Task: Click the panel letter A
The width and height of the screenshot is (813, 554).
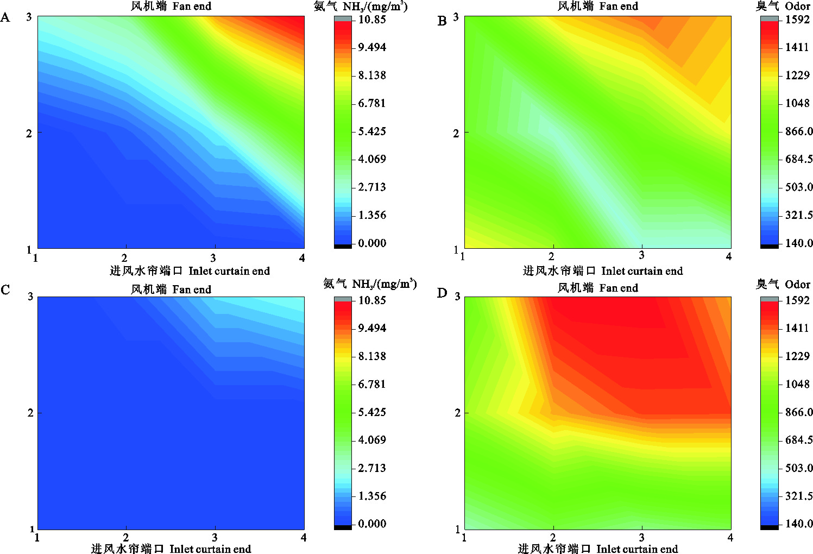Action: tap(5, 17)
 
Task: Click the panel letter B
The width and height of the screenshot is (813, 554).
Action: tap(442, 21)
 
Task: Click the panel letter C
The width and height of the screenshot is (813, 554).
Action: tap(5, 289)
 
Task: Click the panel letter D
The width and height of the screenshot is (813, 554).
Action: tap(442, 293)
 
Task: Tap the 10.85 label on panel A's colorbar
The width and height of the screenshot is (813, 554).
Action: tap(372, 20)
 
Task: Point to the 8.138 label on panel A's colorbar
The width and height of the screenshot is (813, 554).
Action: tap(372, 75)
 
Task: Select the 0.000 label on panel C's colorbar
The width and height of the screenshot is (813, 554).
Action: tap(372, 524)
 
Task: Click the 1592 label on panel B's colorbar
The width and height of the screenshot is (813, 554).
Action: tap(797, 20)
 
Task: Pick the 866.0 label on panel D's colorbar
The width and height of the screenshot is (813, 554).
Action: tap(799, 412)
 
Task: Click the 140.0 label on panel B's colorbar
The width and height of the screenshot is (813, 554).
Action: tap(799, 243)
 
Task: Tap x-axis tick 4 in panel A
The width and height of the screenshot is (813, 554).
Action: tap(302, 258)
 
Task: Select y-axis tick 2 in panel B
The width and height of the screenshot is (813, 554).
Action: tap(456, 133)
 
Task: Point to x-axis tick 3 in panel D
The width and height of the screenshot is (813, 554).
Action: tap(642, 537)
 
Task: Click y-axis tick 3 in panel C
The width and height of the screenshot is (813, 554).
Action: tap(30, 297)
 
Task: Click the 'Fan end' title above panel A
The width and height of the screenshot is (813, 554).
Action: tap(171, 7)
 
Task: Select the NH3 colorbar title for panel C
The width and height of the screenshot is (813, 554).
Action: tap(370, 284)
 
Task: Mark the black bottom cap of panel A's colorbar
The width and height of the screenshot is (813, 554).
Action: tap(343, 247)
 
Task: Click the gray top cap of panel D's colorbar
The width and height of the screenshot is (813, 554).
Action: tap(770, 299)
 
